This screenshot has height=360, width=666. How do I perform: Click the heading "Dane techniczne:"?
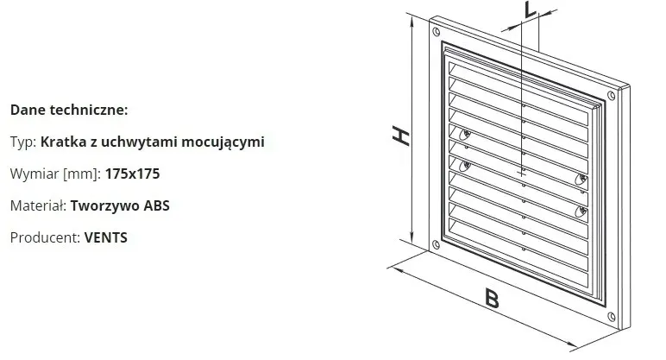[69, 111]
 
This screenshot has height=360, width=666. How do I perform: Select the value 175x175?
[133, 174]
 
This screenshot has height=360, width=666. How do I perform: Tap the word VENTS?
[106, 237]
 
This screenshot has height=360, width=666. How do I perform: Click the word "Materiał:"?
[38, 205]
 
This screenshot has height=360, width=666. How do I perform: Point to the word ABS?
[157, 205]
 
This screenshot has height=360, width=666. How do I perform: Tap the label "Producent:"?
[45, 237]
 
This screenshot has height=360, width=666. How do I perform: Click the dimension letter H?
[400, 136]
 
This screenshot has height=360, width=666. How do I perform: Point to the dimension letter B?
[492, 299]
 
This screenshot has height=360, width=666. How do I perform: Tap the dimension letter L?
[530, 10]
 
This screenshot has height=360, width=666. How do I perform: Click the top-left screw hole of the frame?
[437, 31]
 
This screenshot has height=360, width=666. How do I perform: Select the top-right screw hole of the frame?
[612, 96]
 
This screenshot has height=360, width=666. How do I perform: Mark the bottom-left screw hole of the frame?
[436, 244]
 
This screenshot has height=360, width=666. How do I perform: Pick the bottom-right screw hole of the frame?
[612, 316]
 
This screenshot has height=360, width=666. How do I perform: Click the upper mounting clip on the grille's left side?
[465, 135]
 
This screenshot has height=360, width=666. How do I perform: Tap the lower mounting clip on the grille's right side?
[581, 212]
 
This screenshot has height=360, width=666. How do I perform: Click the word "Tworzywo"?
[105, 206]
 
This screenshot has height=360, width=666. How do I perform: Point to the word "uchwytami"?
[138, 142]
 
